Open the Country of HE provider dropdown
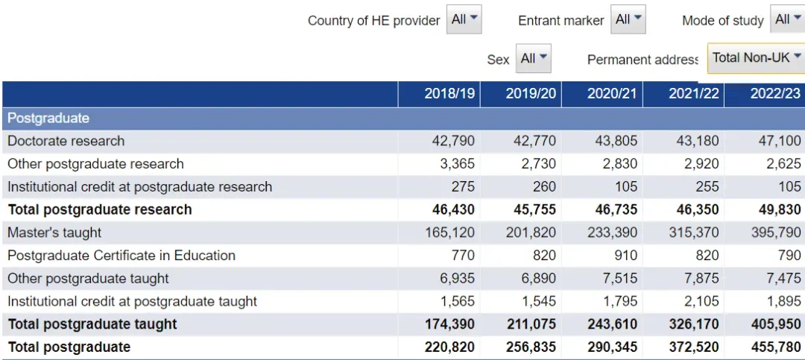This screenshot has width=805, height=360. pyautogui.click(x=464, y=19)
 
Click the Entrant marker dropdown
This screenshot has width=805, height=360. pyautogui.click(x=628, y=19)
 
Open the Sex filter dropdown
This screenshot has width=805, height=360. pyautogui.click(x=534, y=59)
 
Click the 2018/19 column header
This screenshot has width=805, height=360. pyautogui.click(x=449, y=93)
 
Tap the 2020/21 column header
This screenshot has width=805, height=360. pyautogui.click(x=611, y=93)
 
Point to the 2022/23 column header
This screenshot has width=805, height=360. pyautogui.click(x=775, y=93)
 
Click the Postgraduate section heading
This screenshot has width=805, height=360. pyautogui.click(x=48, y=118)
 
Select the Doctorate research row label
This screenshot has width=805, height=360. pyautogui.click(x=66, y=141)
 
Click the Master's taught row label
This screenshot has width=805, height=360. pyautogui.click(x=54, y=233)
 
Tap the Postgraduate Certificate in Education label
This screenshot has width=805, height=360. pyautogui.click(x=121, y=255)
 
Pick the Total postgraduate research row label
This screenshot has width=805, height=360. pyautogui.click(x=100, y=209)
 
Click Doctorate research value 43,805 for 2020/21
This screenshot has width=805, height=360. pyautogui.click(x=616, y=141)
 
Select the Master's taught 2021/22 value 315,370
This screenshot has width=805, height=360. pyautogui.click(x=694, y=233)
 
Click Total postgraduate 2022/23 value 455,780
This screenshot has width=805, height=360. pyautogui.click(x=776, y=347)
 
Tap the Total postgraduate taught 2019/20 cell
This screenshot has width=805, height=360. pyautogui.click(x=531, y=324)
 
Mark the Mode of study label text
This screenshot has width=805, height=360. pyautogui.click(x=723, y=21)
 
